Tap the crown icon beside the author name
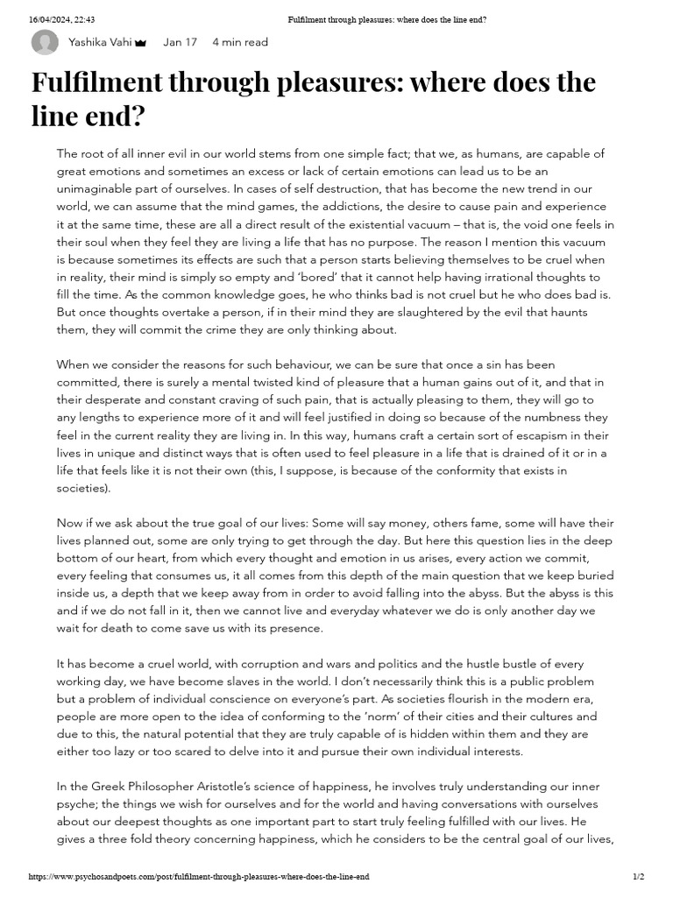point(140,42)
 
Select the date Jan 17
point(180,42)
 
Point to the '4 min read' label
point(240,42)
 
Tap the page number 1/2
point(638,876)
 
